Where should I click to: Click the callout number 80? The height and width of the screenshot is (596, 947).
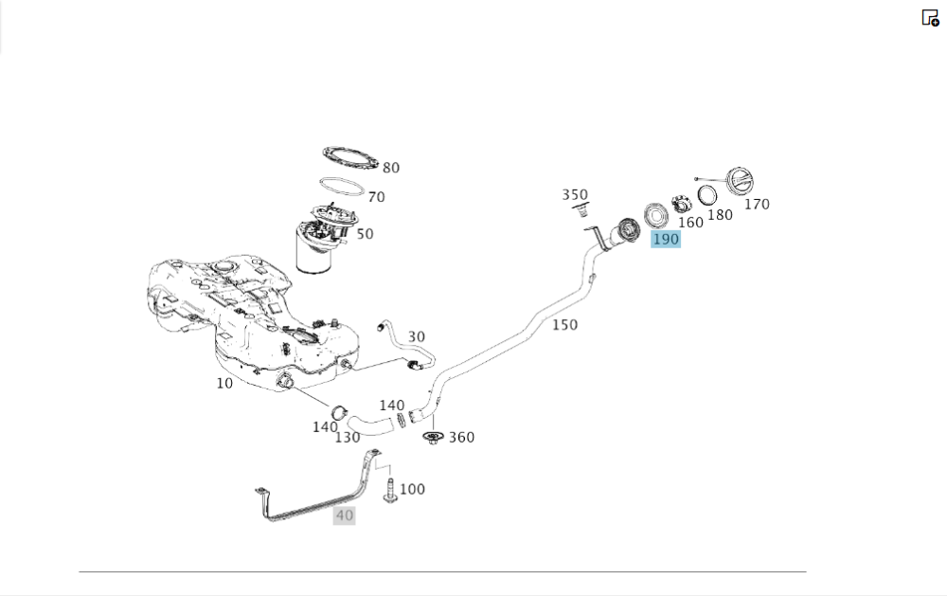tap(390, 169)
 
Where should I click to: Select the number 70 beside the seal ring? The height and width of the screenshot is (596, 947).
tap(376, 198)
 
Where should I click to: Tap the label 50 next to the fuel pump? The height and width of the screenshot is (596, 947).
tap(365, 234)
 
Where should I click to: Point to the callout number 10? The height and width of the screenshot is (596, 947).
tap(224, 384)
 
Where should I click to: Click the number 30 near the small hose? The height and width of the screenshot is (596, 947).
tap(417, 337)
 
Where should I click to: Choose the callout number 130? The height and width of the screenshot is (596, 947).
tap(348, 438)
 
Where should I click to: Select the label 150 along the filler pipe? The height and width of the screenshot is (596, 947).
tap(564, 325)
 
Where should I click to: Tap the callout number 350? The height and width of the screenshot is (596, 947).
tap(575, 195)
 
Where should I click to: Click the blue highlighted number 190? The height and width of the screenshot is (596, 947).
tap(666, 240)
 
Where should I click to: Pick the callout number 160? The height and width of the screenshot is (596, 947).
tap(690, 223)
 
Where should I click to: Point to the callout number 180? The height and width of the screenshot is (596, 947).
tap(720, 215)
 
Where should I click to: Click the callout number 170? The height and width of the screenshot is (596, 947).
tap(757, 204)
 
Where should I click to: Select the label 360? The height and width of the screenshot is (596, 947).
tap(461, 438)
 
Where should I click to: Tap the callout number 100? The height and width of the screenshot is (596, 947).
tap(412, 490)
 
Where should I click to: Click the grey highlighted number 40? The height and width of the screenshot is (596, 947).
tap(344, 515)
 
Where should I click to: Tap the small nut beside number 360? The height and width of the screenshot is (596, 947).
tap(433, 438)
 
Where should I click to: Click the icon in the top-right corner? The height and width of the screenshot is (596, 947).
tap(930, 18)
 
